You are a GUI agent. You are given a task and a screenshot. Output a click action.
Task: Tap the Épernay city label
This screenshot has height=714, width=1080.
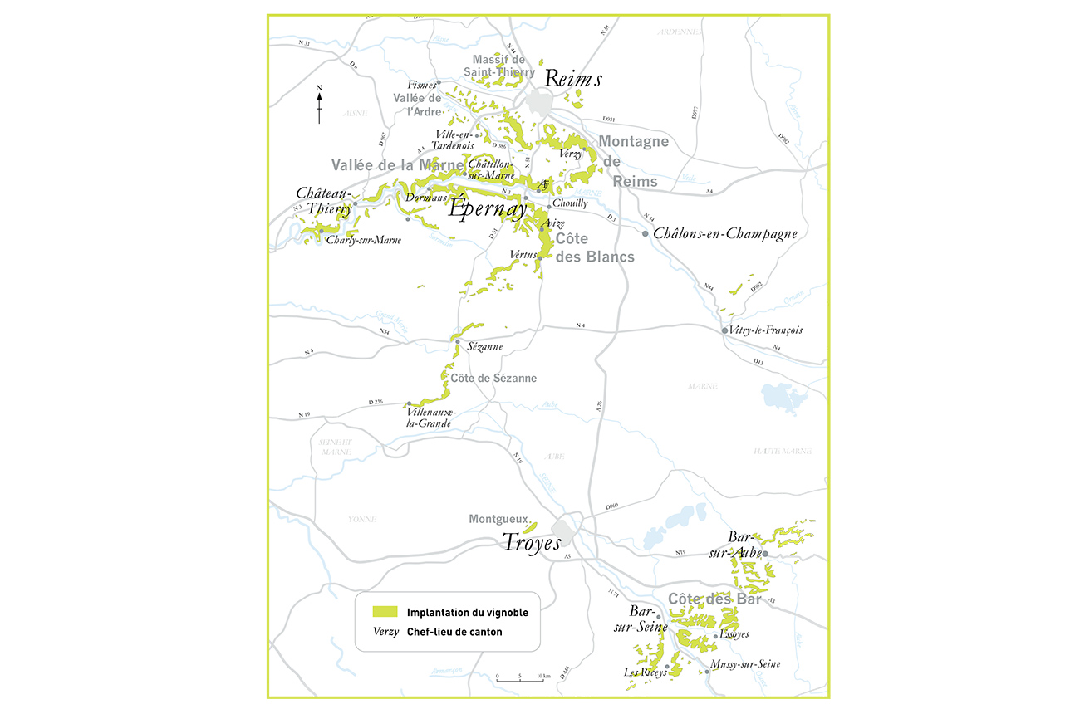[488, 207]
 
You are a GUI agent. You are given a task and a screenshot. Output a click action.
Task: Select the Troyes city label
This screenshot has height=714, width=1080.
[531, 541]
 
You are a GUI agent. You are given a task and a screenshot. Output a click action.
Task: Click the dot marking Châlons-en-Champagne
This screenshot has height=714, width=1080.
[645, 234]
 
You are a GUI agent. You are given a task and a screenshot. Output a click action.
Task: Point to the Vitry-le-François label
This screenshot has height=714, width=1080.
[767, 330]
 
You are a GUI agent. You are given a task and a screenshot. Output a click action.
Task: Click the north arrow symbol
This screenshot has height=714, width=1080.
[319, 104]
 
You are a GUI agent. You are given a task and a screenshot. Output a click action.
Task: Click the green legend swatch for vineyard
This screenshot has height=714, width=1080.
[385, 612]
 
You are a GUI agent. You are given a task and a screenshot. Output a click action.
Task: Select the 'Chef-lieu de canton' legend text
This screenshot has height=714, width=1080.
[454, 632]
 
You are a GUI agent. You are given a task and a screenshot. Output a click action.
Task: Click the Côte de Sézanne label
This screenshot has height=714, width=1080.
[493, 379]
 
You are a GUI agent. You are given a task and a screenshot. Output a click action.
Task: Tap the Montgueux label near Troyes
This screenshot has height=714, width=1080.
[498, 520]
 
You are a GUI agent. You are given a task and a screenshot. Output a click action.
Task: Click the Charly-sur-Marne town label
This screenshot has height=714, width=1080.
[364, 241]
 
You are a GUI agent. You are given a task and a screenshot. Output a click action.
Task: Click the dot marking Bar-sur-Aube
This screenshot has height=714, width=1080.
[766, 553]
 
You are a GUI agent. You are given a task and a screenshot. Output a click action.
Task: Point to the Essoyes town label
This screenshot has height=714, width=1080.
[734, 634]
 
